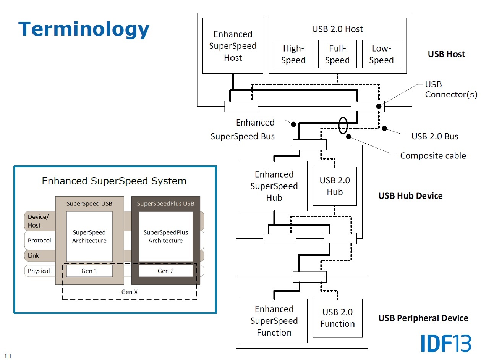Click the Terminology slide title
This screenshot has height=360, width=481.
click(x=84, y=29)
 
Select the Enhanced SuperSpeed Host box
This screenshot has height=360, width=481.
click(x=233, y=46)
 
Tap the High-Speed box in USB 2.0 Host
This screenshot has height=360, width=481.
click(x=293, y=54)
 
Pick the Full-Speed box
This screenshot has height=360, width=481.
click(x=337, y=54)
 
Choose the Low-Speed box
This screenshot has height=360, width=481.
click(x=381, y=54)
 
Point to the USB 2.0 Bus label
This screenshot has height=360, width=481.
click(x=435, y=136)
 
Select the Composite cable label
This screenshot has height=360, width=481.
click(x=433, y=155)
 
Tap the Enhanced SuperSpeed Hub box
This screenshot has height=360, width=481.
click(x=274, y=186)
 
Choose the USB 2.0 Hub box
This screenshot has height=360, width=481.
click(x=335, y=186)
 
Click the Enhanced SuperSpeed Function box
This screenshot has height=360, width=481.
click(x=274, y=321)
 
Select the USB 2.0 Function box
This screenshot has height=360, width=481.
click(x=337, y=318)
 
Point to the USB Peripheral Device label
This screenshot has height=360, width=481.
click(x=423, y=318)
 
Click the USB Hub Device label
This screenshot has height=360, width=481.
click(x=410, y=196)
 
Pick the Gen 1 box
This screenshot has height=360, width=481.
click(x=89, y=271)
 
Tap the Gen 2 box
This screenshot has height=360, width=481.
click(x=166, y=271)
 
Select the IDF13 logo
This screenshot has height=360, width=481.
click(x=446, y=343)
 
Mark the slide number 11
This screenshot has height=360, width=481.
click(x=8, y=357)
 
